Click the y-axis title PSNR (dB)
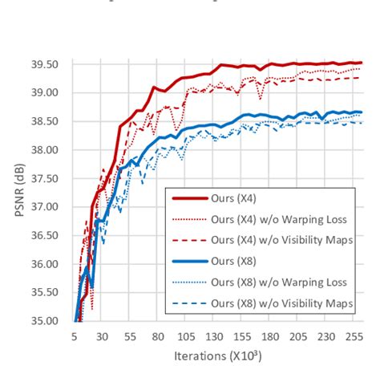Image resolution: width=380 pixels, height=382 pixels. (x=18, y=191)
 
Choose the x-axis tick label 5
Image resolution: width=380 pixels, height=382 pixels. (x=75, y=338)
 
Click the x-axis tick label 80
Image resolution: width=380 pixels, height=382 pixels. (x=159, y=338)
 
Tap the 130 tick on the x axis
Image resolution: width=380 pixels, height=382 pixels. (x=215, y=338)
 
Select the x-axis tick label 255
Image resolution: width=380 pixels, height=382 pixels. (x=354, y=338)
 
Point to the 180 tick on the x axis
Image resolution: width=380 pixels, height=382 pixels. (x=271, y=338)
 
